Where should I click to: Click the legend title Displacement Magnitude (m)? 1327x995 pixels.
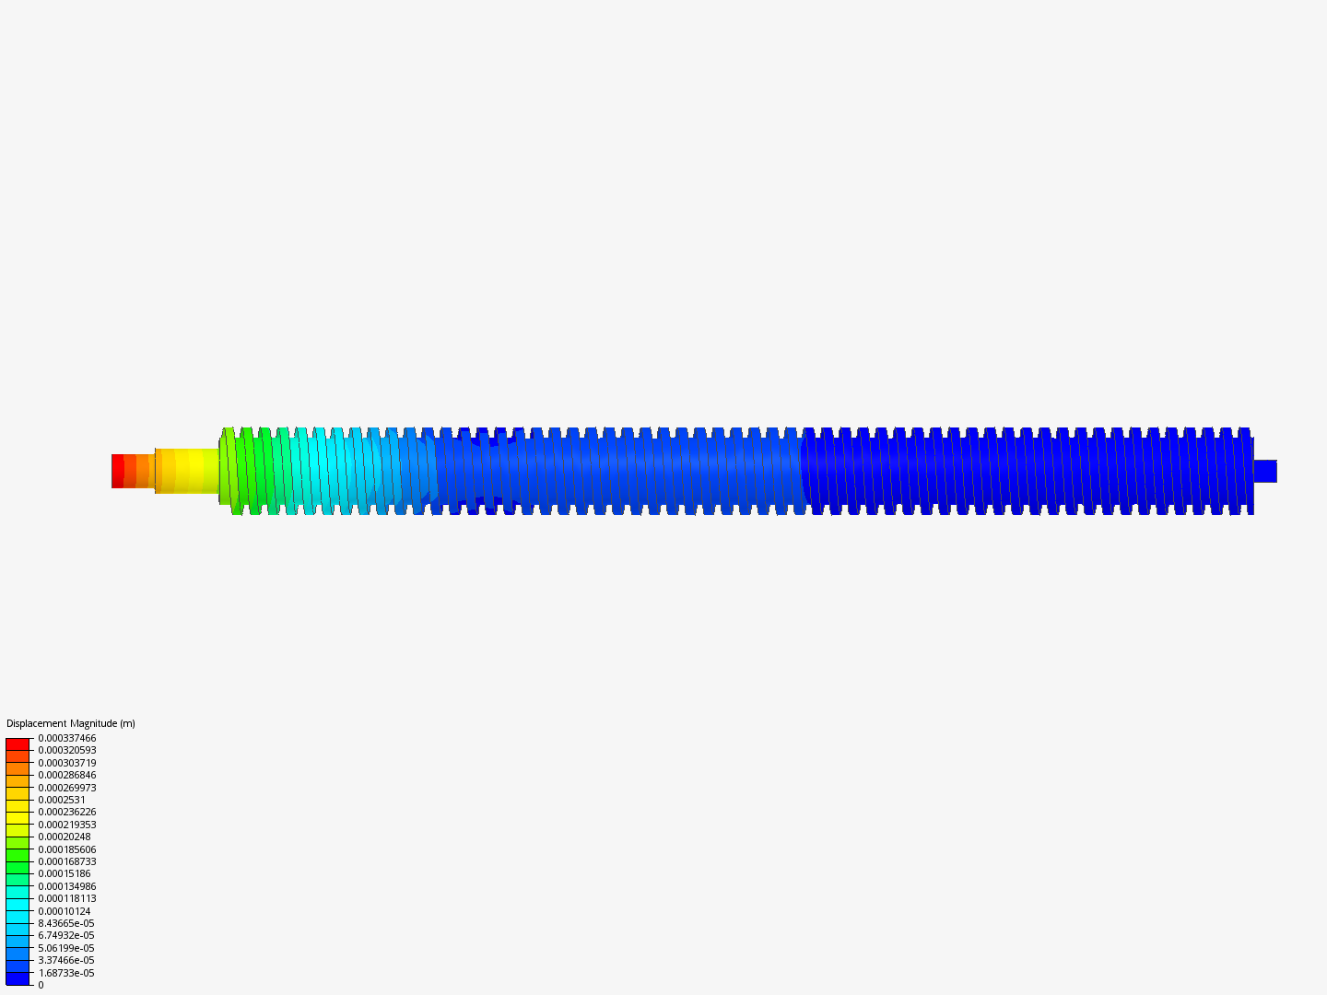[71, 723]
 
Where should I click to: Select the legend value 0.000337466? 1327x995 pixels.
[67, 738]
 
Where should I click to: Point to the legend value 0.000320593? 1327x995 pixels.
[67, 750]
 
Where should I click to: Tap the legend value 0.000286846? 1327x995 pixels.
[67, 775]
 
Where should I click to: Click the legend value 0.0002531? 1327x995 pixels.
[62, 800]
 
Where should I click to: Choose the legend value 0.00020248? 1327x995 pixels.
[65, 837]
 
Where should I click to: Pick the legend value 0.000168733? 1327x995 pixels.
[67, 861]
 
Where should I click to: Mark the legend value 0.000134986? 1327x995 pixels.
[67, 886]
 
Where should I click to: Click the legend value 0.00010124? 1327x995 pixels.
[65, 911]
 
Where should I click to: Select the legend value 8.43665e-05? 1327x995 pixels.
[66, 923]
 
